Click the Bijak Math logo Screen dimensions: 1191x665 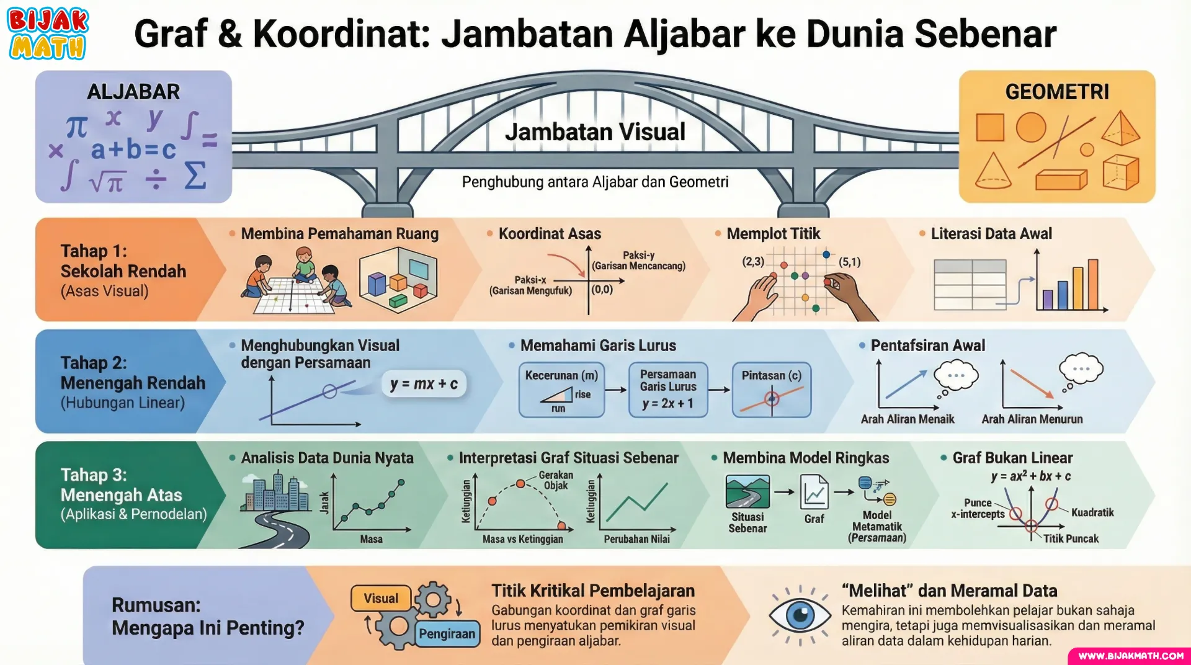(x=48, y=33)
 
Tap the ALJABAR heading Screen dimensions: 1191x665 (x=133, y=92)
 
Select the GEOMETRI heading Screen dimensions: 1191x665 (x=1057, y=92)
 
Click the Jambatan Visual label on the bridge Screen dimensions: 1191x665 (x=595, y=132)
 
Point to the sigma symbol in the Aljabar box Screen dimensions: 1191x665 (x=195, y=176)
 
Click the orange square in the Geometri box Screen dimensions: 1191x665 (x=990, y=127)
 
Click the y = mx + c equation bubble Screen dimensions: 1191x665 (x=424, y=384)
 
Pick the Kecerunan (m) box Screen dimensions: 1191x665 (x=561, y=390)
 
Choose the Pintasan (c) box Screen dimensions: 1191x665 (x=772, y=390)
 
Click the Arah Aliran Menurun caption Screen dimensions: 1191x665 (x=1032, y=419)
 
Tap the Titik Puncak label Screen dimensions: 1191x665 (x=1071, y=538)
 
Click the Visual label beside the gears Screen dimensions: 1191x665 (x=381, y=599)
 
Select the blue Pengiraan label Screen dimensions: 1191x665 (x=447, y=633)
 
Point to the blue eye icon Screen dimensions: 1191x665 (x=800, y=615)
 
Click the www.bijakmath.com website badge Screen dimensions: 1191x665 (x=1130, y=656)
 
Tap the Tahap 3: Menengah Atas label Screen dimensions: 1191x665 (x=122, y=484)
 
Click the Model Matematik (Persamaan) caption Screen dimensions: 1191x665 (x=877, y=526)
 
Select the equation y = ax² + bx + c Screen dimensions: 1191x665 (x=1031, y=476)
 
